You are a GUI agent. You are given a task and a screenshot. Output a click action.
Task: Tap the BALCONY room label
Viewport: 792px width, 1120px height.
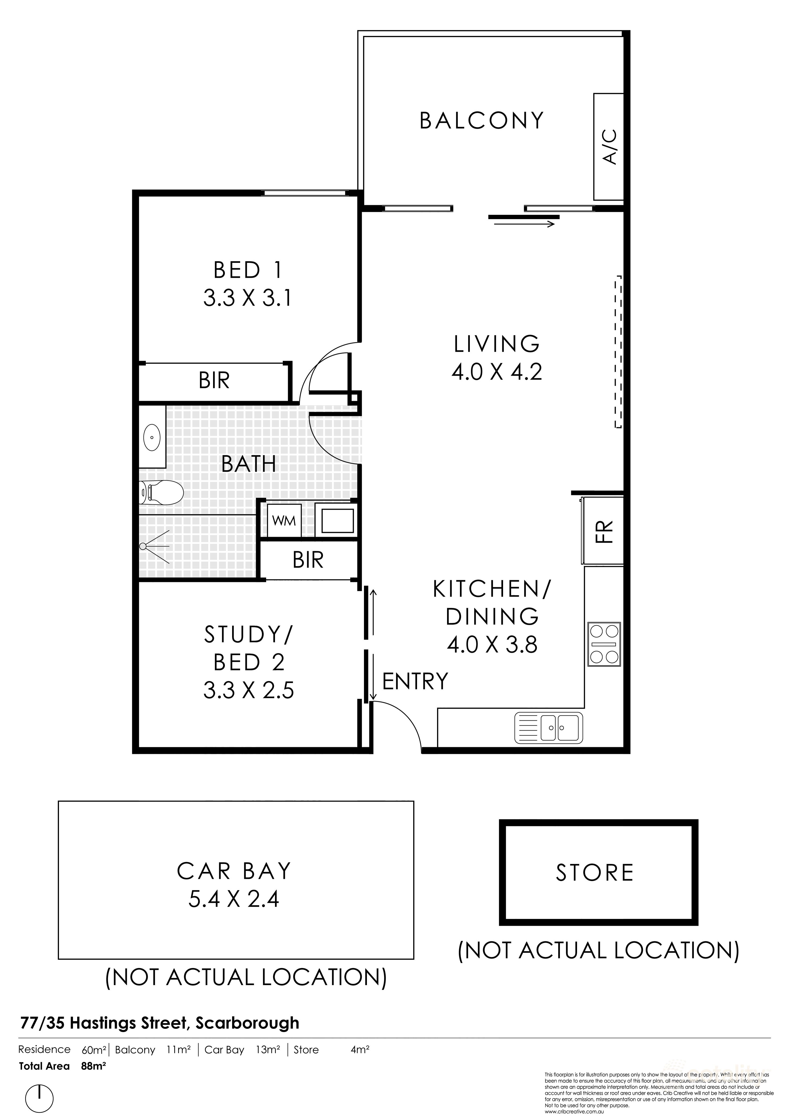point(481,120)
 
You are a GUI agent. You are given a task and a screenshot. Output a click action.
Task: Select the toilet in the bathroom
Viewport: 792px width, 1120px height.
point(161,492)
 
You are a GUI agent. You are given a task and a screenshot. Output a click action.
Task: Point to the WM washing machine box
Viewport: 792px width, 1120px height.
point(284,521)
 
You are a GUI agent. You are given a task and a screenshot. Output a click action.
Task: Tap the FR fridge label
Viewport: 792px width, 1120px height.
point(604,532)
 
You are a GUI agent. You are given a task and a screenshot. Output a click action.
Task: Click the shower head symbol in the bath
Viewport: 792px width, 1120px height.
point(144,546)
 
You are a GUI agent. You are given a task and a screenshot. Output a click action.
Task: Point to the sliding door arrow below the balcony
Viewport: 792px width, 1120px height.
point(524,224)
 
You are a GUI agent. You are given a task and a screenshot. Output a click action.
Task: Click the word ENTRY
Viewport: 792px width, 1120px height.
point(415,681)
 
